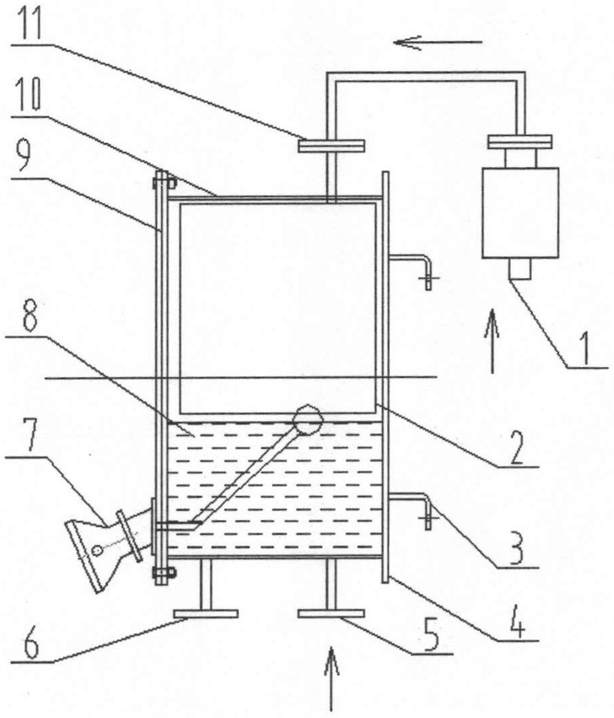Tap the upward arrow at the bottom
click(x=331, y=678)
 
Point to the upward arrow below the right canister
click(x=492, y=341)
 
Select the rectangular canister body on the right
click(x=520, y=213)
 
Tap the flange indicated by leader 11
click(x=331, y=145)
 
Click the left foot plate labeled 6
click(x=206, y=614)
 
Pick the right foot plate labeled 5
click(x=331, y=614)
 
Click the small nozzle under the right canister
click(x=520, y=269)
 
